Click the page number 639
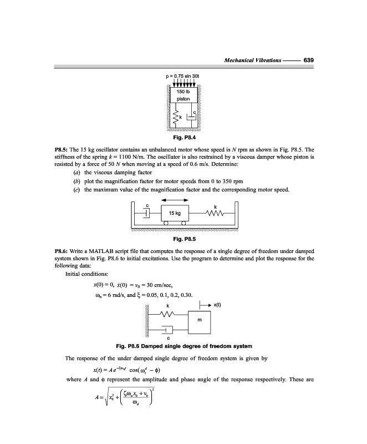coord(309,60)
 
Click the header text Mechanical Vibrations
coord(252,60)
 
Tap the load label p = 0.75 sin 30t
coord(183,75)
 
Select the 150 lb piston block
coord(183,95)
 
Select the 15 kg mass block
coord(175,213)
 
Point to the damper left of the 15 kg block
coord(147,213)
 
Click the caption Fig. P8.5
coord(183,239)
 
